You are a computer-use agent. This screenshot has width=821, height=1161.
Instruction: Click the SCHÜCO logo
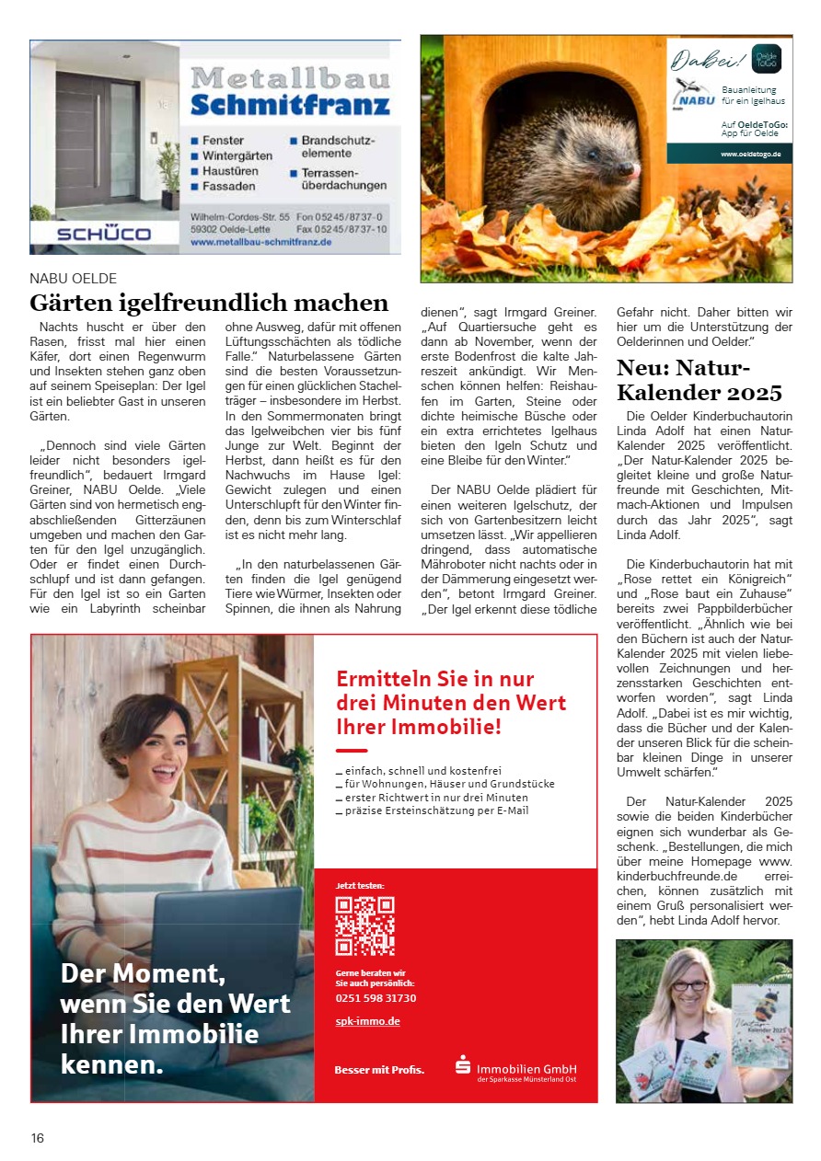point(103,234)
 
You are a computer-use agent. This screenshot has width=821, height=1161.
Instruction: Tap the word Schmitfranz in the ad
point(290,104)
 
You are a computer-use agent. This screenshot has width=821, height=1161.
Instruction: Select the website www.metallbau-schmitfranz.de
point(260,242)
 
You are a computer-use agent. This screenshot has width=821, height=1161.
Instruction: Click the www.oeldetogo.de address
point(750,155)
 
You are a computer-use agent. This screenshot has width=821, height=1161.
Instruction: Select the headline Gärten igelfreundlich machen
point(209,302)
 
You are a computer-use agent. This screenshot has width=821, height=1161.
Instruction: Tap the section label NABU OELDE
point(74,278)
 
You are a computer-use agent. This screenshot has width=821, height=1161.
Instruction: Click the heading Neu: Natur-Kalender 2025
point(700,380)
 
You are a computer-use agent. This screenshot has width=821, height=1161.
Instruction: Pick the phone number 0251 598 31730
point(376,998)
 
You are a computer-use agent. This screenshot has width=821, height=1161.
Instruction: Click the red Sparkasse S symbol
point(463,1066)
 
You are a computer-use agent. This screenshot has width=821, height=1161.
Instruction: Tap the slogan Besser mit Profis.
point(379,1070)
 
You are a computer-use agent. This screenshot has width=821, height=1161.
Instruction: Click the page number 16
point(38,1138)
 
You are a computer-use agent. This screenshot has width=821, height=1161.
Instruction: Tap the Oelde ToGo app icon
point(766,59)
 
